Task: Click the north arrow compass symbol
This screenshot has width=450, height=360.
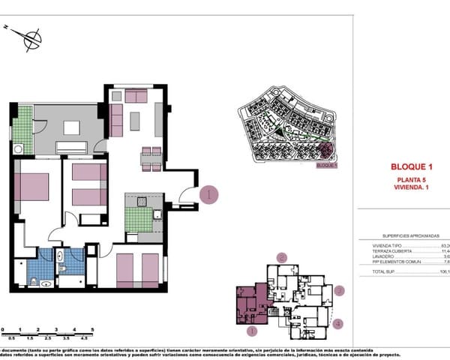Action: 29,37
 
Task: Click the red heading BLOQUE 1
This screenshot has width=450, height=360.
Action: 412,166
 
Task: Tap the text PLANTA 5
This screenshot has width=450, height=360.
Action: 412,181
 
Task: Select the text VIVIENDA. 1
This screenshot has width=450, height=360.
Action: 412,188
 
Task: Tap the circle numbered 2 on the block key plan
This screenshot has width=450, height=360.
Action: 282,257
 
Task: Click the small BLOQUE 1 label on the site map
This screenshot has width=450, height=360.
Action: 327,166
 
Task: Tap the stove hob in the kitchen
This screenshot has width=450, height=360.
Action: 141,201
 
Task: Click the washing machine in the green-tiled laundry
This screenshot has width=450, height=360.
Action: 17,148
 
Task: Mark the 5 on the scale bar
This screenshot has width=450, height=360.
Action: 91,329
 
